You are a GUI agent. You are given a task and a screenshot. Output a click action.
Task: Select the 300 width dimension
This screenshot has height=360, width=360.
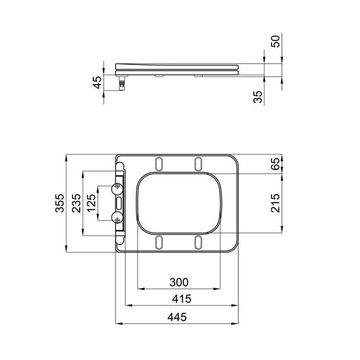pyautogui.click(x=179, y=282)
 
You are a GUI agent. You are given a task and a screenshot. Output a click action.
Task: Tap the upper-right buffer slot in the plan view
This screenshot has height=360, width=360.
pyautogui.click(x=198, y=164)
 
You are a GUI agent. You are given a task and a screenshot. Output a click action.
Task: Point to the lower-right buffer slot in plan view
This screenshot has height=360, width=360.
pyautogui.click(x=198, y=241)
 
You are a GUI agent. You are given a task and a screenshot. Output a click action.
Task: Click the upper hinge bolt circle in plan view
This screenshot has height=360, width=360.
pyautogui.click(x=117, y=188)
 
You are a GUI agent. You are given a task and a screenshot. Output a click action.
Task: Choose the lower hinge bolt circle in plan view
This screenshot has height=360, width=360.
pyautogui.click(x=117, y=218)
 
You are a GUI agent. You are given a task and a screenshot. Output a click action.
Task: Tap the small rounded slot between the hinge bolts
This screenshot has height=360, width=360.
pyautogui.click(x=119, y=203)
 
